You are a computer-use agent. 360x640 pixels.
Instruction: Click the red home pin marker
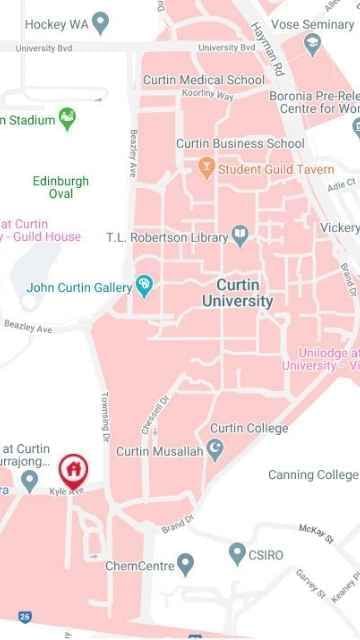71,468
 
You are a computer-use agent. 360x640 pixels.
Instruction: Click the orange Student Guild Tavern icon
207,169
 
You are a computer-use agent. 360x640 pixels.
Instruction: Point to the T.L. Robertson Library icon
240,236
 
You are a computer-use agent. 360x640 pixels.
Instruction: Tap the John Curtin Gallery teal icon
146,287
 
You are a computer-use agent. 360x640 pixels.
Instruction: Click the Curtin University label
237,292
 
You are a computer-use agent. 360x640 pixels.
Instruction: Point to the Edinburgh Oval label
60,187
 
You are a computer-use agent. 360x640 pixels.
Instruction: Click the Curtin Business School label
240,143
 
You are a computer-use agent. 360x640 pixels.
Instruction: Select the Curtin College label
248,428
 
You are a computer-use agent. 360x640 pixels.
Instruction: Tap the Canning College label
313,474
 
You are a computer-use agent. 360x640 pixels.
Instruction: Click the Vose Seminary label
320,24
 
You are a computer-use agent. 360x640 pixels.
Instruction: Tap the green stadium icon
68,120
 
